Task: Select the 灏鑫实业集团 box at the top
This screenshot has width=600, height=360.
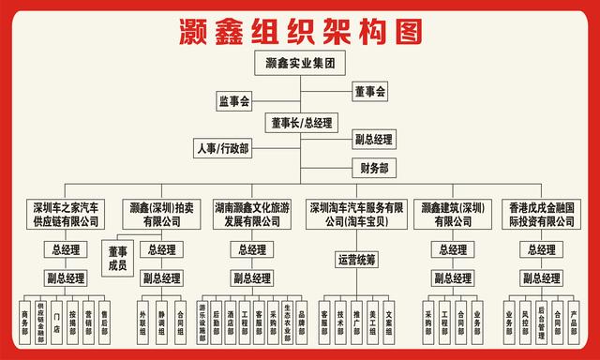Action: tap(300, 64)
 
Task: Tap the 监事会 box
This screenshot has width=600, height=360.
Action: tap(234, 100)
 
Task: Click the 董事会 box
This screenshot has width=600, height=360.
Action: tap(370, 92)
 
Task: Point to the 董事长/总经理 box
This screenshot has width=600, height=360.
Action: tap(301, 122)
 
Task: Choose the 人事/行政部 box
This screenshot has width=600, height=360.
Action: tap(222, 149)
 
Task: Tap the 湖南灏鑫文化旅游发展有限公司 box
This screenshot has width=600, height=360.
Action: tap(247, 215)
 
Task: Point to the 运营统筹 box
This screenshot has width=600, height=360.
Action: tap(357, 258)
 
